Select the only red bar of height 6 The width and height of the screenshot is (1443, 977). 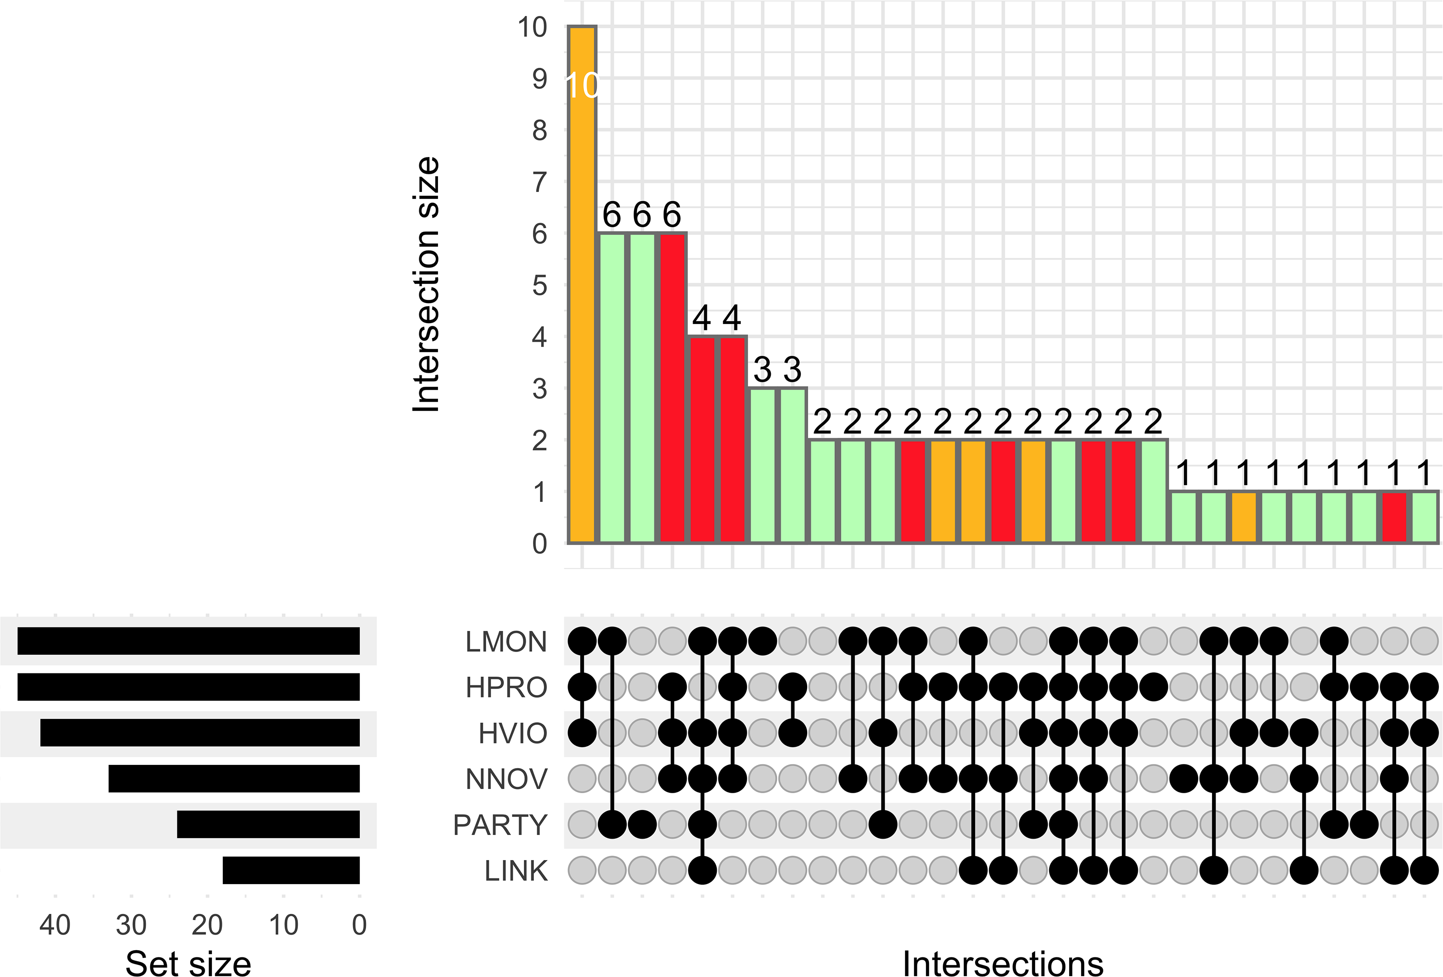(673, 388)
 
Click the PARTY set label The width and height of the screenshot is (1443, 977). (500, 825)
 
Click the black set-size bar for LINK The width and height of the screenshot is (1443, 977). (291, 870)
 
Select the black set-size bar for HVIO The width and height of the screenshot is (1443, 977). (200, 733)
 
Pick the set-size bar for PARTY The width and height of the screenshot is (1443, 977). (268, 824)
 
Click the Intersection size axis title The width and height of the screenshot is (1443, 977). (427, 284)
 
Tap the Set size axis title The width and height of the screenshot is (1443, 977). (188, 963)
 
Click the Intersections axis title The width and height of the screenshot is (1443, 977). (1002, 963)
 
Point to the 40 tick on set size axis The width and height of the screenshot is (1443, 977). (55, 925)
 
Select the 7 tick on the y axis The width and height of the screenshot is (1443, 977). (539, 182)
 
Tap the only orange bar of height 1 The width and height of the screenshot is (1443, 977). (1244, 517)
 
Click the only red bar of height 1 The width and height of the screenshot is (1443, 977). (1395, 517)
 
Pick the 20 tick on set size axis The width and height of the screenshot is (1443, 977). (207, 925)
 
